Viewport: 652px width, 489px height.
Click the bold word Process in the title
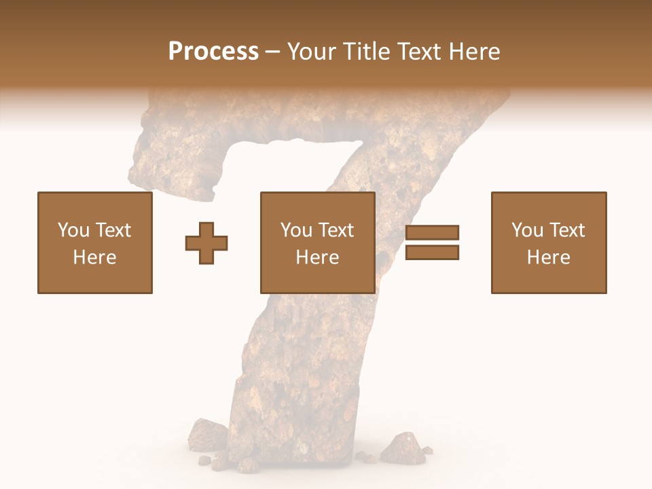click(x=213, y=52)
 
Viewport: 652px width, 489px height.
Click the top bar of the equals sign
click(x=432, y=233)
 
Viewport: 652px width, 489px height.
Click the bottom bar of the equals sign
click(x=432, y=253)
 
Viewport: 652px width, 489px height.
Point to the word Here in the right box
click(x=549, y=257)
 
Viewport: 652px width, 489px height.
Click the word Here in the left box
click(x=95, y=257)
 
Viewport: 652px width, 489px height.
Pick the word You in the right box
click(x=527, y=230)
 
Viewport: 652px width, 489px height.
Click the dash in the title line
click(x=272, y=52)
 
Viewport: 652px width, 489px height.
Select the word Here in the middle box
click(x=318, y=257)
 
